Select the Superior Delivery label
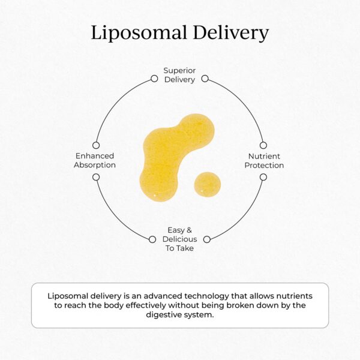[x=179, y=75]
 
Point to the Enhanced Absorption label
[x=95, y=160]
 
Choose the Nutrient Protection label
[x=264, y=160]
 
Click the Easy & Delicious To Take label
[x=179, y=239]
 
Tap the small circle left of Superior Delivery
[x=154, y=78]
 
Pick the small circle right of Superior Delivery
[x=205, y=78]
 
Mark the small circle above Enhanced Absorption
[x=95, y=145]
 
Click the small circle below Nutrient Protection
[x=263, y=177]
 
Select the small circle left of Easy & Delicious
[x=152, y=239]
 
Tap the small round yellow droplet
[x=207, y=184]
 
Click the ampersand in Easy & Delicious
[x=188, y=230]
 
